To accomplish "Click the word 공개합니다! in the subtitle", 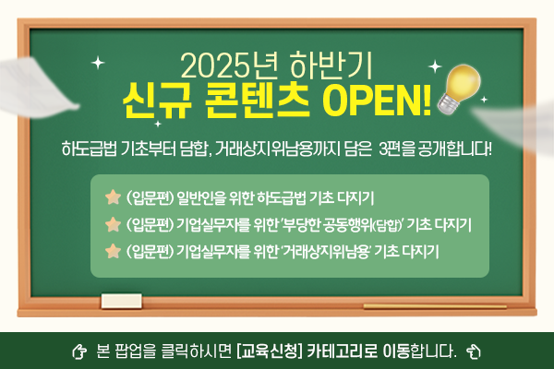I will pos(453,148).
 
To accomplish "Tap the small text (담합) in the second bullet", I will pos(386,224).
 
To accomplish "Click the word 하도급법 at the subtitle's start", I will pos(84,148).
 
